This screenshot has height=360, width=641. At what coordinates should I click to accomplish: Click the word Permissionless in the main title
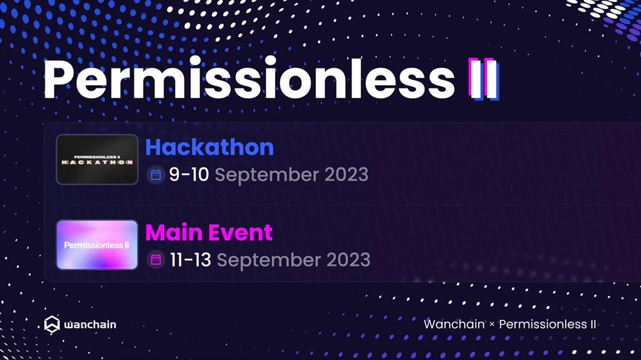[x=249, y=78]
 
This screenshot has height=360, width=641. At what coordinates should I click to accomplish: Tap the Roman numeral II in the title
[x=484, y=79]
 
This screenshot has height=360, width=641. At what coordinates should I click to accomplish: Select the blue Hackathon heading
[x=210, y=147]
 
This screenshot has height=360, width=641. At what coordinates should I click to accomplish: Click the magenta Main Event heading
[x=209, y=233]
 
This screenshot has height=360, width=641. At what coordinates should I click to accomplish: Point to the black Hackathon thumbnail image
[x=97, y=160]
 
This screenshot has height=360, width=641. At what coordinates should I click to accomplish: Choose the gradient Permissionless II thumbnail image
[x=97, y=245]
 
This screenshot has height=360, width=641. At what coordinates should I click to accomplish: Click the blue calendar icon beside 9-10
[x=156, y=175]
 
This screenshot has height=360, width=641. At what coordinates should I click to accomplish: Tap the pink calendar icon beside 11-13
[x=156, y=260]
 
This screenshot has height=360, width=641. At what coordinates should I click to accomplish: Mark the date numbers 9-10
[x=189, y=174]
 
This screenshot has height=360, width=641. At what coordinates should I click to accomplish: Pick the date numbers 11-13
[x=190, y=260]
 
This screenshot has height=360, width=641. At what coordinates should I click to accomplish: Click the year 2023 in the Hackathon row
[x=346, y=174]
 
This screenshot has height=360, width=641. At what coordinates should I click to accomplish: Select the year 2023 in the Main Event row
[x=348, y=260]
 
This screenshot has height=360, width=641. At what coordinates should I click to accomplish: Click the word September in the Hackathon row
[x=267, y=176]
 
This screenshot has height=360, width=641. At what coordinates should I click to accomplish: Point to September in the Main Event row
[x=269, y=261]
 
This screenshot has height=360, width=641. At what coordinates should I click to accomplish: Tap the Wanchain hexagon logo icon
[x=52, y=325]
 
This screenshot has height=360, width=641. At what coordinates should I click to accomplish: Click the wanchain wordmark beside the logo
[x=90, y=325]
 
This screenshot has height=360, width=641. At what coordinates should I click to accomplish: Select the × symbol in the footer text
[x=492, y=325]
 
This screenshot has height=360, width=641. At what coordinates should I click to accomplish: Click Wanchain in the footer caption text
[x=454, y=324]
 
